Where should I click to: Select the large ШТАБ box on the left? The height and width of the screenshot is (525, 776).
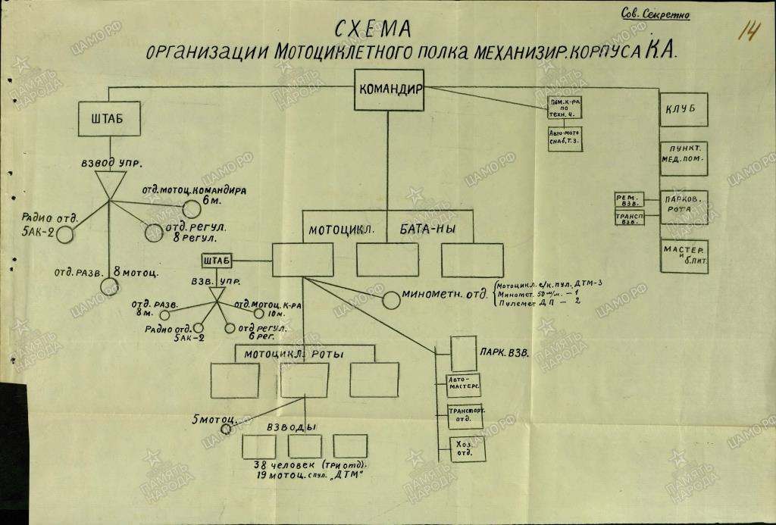(x=109, y=119)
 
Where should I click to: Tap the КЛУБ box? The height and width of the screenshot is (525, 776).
(x=683, y=109)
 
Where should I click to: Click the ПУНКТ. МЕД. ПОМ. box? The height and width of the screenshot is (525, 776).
(x=683, y=155)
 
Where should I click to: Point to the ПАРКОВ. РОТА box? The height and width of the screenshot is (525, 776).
(x=683, y=207)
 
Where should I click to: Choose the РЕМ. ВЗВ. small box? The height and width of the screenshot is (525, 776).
(x=629, y=200)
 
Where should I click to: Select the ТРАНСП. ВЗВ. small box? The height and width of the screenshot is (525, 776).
(x=629, y=219)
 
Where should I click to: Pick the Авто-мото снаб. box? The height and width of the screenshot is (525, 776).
(x=566, y=139)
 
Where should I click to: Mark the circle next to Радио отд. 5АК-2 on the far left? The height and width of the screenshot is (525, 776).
(x=66, y=235)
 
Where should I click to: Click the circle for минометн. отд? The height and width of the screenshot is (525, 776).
(x=391, y=300)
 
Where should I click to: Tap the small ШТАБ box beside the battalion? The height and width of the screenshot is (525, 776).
(x=217, y=261)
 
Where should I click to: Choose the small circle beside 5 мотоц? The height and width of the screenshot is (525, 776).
(x=225, y=430)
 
